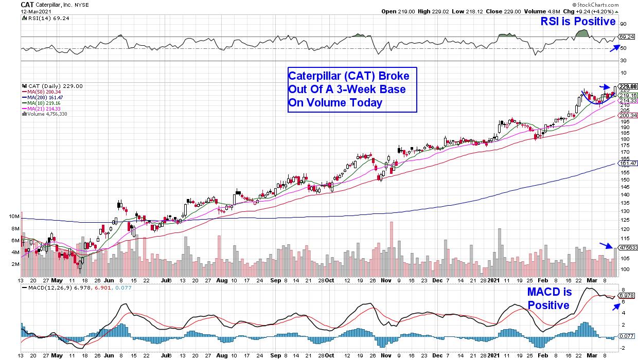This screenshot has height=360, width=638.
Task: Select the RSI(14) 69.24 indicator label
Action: pyautogui.click(x=42, y=18)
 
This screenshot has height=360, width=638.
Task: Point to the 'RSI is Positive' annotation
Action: pyautogui.click(x=577, y=22)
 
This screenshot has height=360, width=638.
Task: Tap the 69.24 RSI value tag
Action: pyautogui.click(x=626, y=37)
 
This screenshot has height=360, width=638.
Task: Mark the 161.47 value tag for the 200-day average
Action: pyautogui.click(x=628, y=164)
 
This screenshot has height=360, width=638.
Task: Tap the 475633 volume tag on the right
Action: pyautogui.click(x=628, y=247)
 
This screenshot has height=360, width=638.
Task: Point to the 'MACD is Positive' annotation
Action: pyautogui.click(x=548, y=298)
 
